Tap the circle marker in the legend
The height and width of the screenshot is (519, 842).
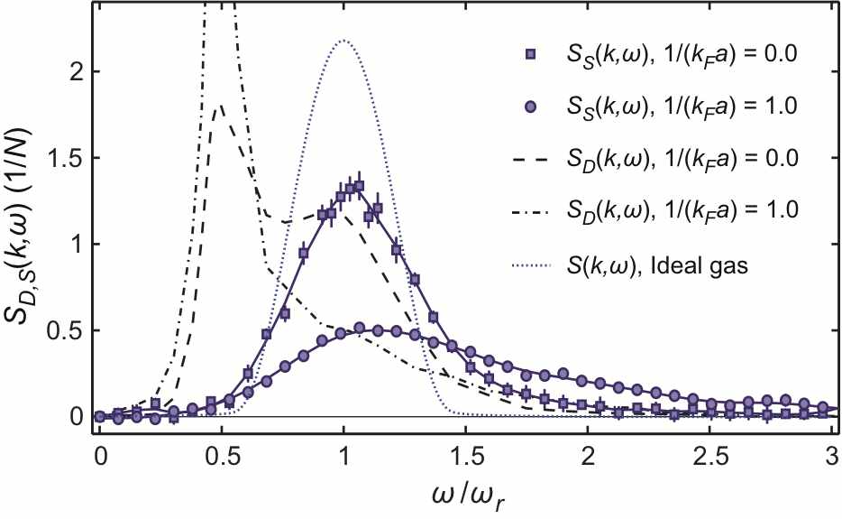click(x=532, y=107)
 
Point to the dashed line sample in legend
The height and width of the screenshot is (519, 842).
click(x=532, y=159)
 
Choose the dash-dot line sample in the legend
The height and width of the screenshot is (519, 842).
click(x=532, y=210)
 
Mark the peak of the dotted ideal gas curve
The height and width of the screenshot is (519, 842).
click(x=343, y=41)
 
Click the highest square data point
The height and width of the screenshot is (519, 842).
click(x=359, y=186)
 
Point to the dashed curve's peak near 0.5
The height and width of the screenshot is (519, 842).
click(x=221, y=106)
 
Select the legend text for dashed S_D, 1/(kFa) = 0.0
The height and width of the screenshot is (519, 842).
click(x=683, y=159)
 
